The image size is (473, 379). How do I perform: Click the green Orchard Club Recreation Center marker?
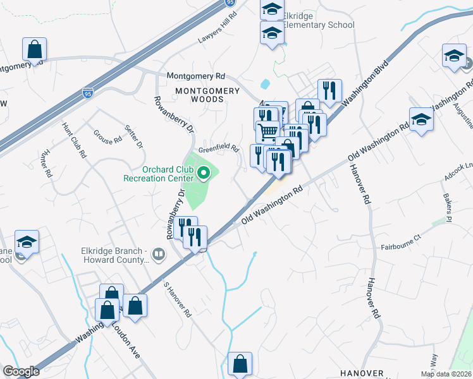click(204, 174)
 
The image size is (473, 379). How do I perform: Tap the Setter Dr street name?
click(134, 136)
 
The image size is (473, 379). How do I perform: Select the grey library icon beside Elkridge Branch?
click(158, 255)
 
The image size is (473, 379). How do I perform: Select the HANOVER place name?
click(362, 373)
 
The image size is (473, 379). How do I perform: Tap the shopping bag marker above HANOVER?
click(240, 363)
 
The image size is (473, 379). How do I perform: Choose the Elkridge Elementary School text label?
click(318, 20)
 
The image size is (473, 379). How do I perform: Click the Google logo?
click(21, 371)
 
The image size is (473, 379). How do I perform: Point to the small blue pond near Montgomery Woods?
click(265, 83)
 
